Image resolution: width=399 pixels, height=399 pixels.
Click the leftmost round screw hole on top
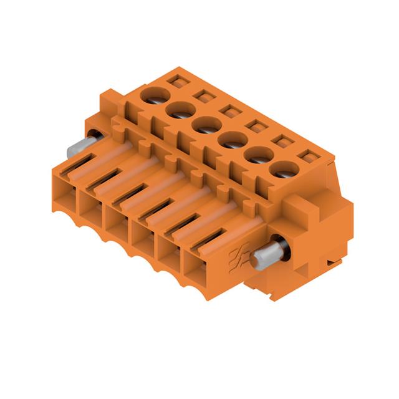[154, 95]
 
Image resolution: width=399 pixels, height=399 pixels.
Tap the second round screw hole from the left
[179, 110]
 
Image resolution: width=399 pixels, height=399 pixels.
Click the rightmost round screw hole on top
[285, 169]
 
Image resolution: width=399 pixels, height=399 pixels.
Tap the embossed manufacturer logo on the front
[239, 256]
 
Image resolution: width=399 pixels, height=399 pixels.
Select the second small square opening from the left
[202, 96]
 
